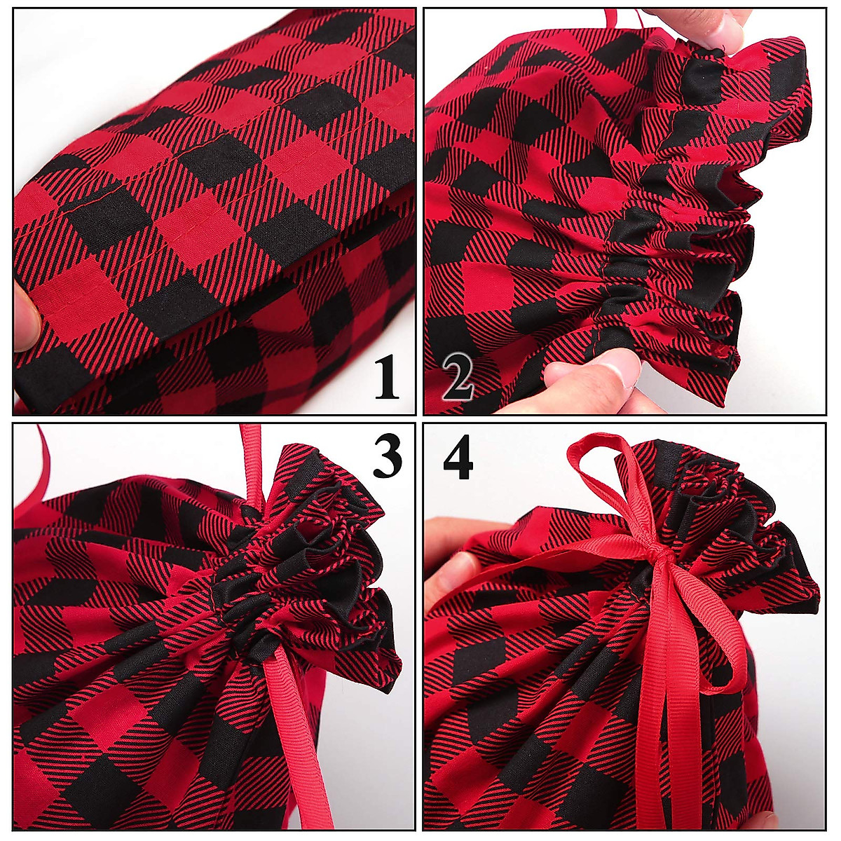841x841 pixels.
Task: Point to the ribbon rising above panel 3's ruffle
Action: [x=251, y=463]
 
